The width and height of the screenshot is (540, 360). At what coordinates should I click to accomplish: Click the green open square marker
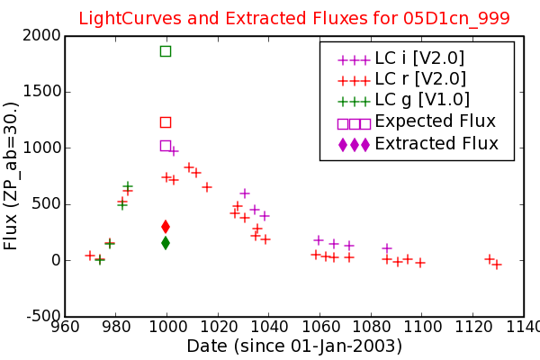click(166, 51)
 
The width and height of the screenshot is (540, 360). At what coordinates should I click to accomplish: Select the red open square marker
click(166, 122)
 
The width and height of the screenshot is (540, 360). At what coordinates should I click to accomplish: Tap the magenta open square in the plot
click(166, 146)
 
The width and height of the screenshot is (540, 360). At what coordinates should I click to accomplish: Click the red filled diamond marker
click(166, 227)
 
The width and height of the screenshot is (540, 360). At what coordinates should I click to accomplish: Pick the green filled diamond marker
click(166, 243)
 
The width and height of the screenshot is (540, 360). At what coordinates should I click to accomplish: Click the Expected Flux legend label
click(435, 121)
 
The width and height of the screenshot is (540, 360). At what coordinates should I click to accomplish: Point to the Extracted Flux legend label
click(436, 143)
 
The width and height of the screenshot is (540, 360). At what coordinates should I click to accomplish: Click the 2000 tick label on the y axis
click(41, 35)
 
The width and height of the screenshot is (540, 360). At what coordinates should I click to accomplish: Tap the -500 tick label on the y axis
click(45, 316)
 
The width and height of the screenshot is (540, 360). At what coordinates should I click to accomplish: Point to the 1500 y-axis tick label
click(41, 92)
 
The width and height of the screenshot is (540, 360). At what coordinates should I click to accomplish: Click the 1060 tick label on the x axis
click(319, 327)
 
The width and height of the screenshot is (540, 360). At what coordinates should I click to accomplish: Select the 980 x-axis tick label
click(116, 327)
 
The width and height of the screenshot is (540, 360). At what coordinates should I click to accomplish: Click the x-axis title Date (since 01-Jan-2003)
click(294, 346)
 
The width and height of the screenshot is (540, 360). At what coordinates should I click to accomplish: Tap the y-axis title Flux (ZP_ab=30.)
click(10, 176)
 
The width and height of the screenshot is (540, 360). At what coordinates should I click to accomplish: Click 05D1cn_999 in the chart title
click(456, 18)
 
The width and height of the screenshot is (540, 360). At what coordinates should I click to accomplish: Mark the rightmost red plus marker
click(496, 265)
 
